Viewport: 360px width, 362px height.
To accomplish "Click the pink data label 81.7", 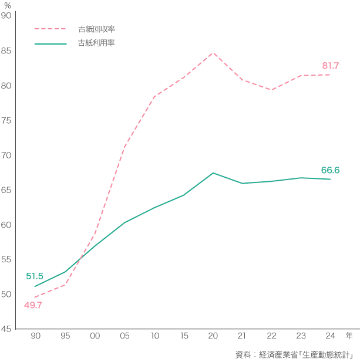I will click(x=331, y=66).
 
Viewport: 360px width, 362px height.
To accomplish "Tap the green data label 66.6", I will click(x=330, y=170).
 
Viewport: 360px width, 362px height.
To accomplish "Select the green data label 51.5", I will click(x=35, y=276).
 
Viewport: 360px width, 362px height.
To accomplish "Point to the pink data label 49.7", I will click(x=33, y=305).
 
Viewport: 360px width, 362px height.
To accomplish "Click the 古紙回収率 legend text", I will click(x=96, y=28).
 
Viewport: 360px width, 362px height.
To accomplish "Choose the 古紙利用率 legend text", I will click(x=96, y=43).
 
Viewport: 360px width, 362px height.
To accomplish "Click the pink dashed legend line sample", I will click(x=50, y=28).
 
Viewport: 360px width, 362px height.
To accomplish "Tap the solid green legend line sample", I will click(x=50, y=43).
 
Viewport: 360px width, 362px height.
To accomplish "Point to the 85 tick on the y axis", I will click(x=6, y=50).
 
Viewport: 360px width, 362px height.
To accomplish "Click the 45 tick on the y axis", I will click(x=6, y=329).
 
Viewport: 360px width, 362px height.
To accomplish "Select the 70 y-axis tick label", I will click(x=6, y=155).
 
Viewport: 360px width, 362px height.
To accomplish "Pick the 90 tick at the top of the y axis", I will click(x=6, y=16).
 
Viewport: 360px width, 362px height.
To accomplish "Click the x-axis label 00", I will click(x=95, y=336).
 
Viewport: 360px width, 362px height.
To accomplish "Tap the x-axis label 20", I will click(x=213, y=336).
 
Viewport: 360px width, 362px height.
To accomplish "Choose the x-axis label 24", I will click(x=330, y=336).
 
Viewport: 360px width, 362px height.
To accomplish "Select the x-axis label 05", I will click(x=124, y=336).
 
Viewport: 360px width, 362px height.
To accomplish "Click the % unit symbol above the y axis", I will click(x=8, y=5).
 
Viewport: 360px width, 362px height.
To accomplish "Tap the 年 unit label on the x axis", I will click(x=349, y=336).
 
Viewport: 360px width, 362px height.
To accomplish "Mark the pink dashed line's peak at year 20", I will click(x=213, y=53).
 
